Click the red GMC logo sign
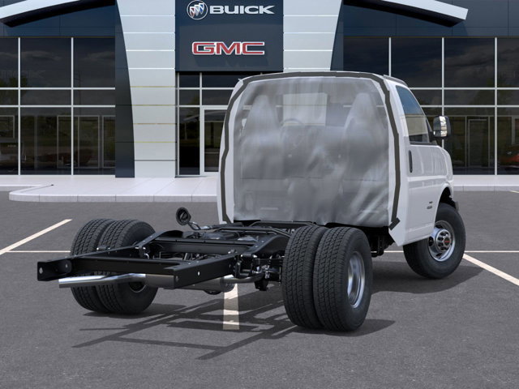pos(228,49)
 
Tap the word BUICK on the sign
pos(242,10)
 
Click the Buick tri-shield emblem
pos(197,10)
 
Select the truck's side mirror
pos(440,126)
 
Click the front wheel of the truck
pos(435,241)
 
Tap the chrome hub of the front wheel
pos(442,241)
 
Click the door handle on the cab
pos(410,162)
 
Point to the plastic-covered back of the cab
pos(308,150)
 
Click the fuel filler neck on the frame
pos(185,217)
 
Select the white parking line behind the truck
pos(231,308)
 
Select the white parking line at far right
pos(491,269)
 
